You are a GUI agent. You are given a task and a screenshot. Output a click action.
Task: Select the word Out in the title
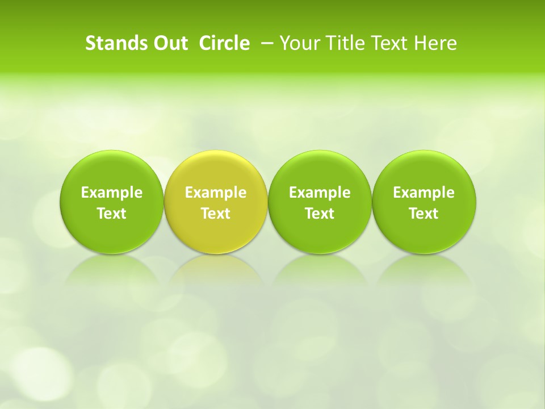pyautogui.click(x=169, y=43)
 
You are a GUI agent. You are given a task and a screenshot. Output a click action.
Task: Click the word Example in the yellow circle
pyautogui.click(x=216, y=193)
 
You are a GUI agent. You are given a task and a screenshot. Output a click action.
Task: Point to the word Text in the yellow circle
pyautogui.click(x=216, y=214)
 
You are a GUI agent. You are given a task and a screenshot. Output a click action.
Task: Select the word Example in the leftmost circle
pyautogui.click(x=111, y=193)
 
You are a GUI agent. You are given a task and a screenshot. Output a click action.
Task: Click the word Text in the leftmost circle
pyautogui.click(x=111, y=214)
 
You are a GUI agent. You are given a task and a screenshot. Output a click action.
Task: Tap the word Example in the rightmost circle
pyautogui.click(x=424, y=193)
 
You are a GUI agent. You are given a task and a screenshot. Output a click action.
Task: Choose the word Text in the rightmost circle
pyautogui.click(x=424, y=214)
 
